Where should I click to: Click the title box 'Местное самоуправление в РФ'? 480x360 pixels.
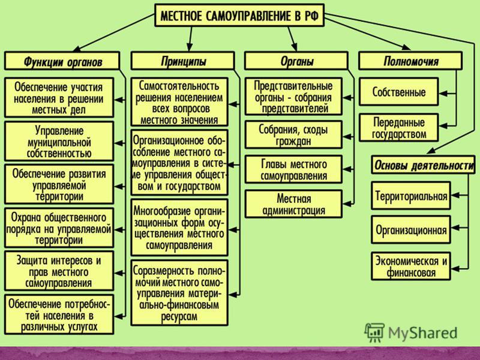coord(239,16)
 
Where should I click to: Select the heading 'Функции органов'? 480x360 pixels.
coord(62,61)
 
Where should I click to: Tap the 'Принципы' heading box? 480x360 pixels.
coord(183,61)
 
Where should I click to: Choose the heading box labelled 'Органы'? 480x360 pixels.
coord(296,61)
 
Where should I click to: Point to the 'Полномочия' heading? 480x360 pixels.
coord(410,61)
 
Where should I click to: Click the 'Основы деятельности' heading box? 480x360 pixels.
coord(424,166)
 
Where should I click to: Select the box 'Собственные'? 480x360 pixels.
coord(398,92)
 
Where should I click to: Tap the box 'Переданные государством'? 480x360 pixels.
coord(398,128)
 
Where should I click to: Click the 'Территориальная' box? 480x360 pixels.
coord(411,196)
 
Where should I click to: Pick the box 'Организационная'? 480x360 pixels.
coord(411,230)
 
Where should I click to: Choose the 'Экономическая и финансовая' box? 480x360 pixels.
coord(411,266)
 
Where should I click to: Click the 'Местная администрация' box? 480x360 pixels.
coord(293,204)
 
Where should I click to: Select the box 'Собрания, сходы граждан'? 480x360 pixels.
coord(293,134)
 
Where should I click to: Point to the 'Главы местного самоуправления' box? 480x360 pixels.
coord(293,170)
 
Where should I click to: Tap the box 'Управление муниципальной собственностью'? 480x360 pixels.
coord(59,142)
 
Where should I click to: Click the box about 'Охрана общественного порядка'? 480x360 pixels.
coord(59,228)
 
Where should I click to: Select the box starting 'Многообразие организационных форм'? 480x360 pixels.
coord(179,228)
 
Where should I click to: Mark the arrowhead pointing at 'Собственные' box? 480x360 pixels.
coord(443,94)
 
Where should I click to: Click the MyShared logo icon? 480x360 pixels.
coord(374,332)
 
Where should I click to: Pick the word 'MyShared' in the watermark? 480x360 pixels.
coord(422,333)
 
